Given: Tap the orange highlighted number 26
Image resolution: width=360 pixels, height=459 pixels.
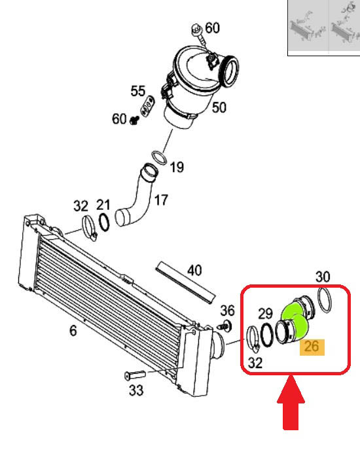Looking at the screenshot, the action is [x=312, y=347].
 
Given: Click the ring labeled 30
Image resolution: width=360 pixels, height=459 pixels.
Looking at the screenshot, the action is [x=325, y=300].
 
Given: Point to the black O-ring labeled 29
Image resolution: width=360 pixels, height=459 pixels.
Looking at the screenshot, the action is [x=266, y=335].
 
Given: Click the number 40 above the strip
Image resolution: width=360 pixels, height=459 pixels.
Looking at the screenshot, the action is [x=194, y=270].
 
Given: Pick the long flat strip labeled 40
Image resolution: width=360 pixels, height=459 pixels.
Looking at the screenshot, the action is [x=186, y=282].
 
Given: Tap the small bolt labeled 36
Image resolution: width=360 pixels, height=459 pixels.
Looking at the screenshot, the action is [x=225, y=325].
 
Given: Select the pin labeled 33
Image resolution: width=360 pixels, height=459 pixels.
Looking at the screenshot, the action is [x=135, y=375].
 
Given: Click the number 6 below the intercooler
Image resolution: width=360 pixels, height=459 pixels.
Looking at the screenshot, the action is [x=73, y=331].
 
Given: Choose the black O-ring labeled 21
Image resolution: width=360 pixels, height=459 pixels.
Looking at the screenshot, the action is [x=104, y=222].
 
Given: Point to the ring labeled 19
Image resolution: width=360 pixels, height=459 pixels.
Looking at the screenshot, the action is [x=159, y=158].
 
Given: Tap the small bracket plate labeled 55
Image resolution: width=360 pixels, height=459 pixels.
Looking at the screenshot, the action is [x=147, y=106].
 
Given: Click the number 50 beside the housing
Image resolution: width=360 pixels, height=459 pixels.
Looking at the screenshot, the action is [x=219, y=107].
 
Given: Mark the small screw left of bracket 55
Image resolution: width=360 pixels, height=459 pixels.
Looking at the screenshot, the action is [x=134, y=120].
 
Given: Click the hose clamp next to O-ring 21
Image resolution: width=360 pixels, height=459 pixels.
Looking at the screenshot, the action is [x=89, y=228].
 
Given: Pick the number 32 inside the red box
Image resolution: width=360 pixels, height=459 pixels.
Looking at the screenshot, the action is [x=255, y=363].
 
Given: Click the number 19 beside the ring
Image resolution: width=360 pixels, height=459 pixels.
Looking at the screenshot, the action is [x=177, y=167].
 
